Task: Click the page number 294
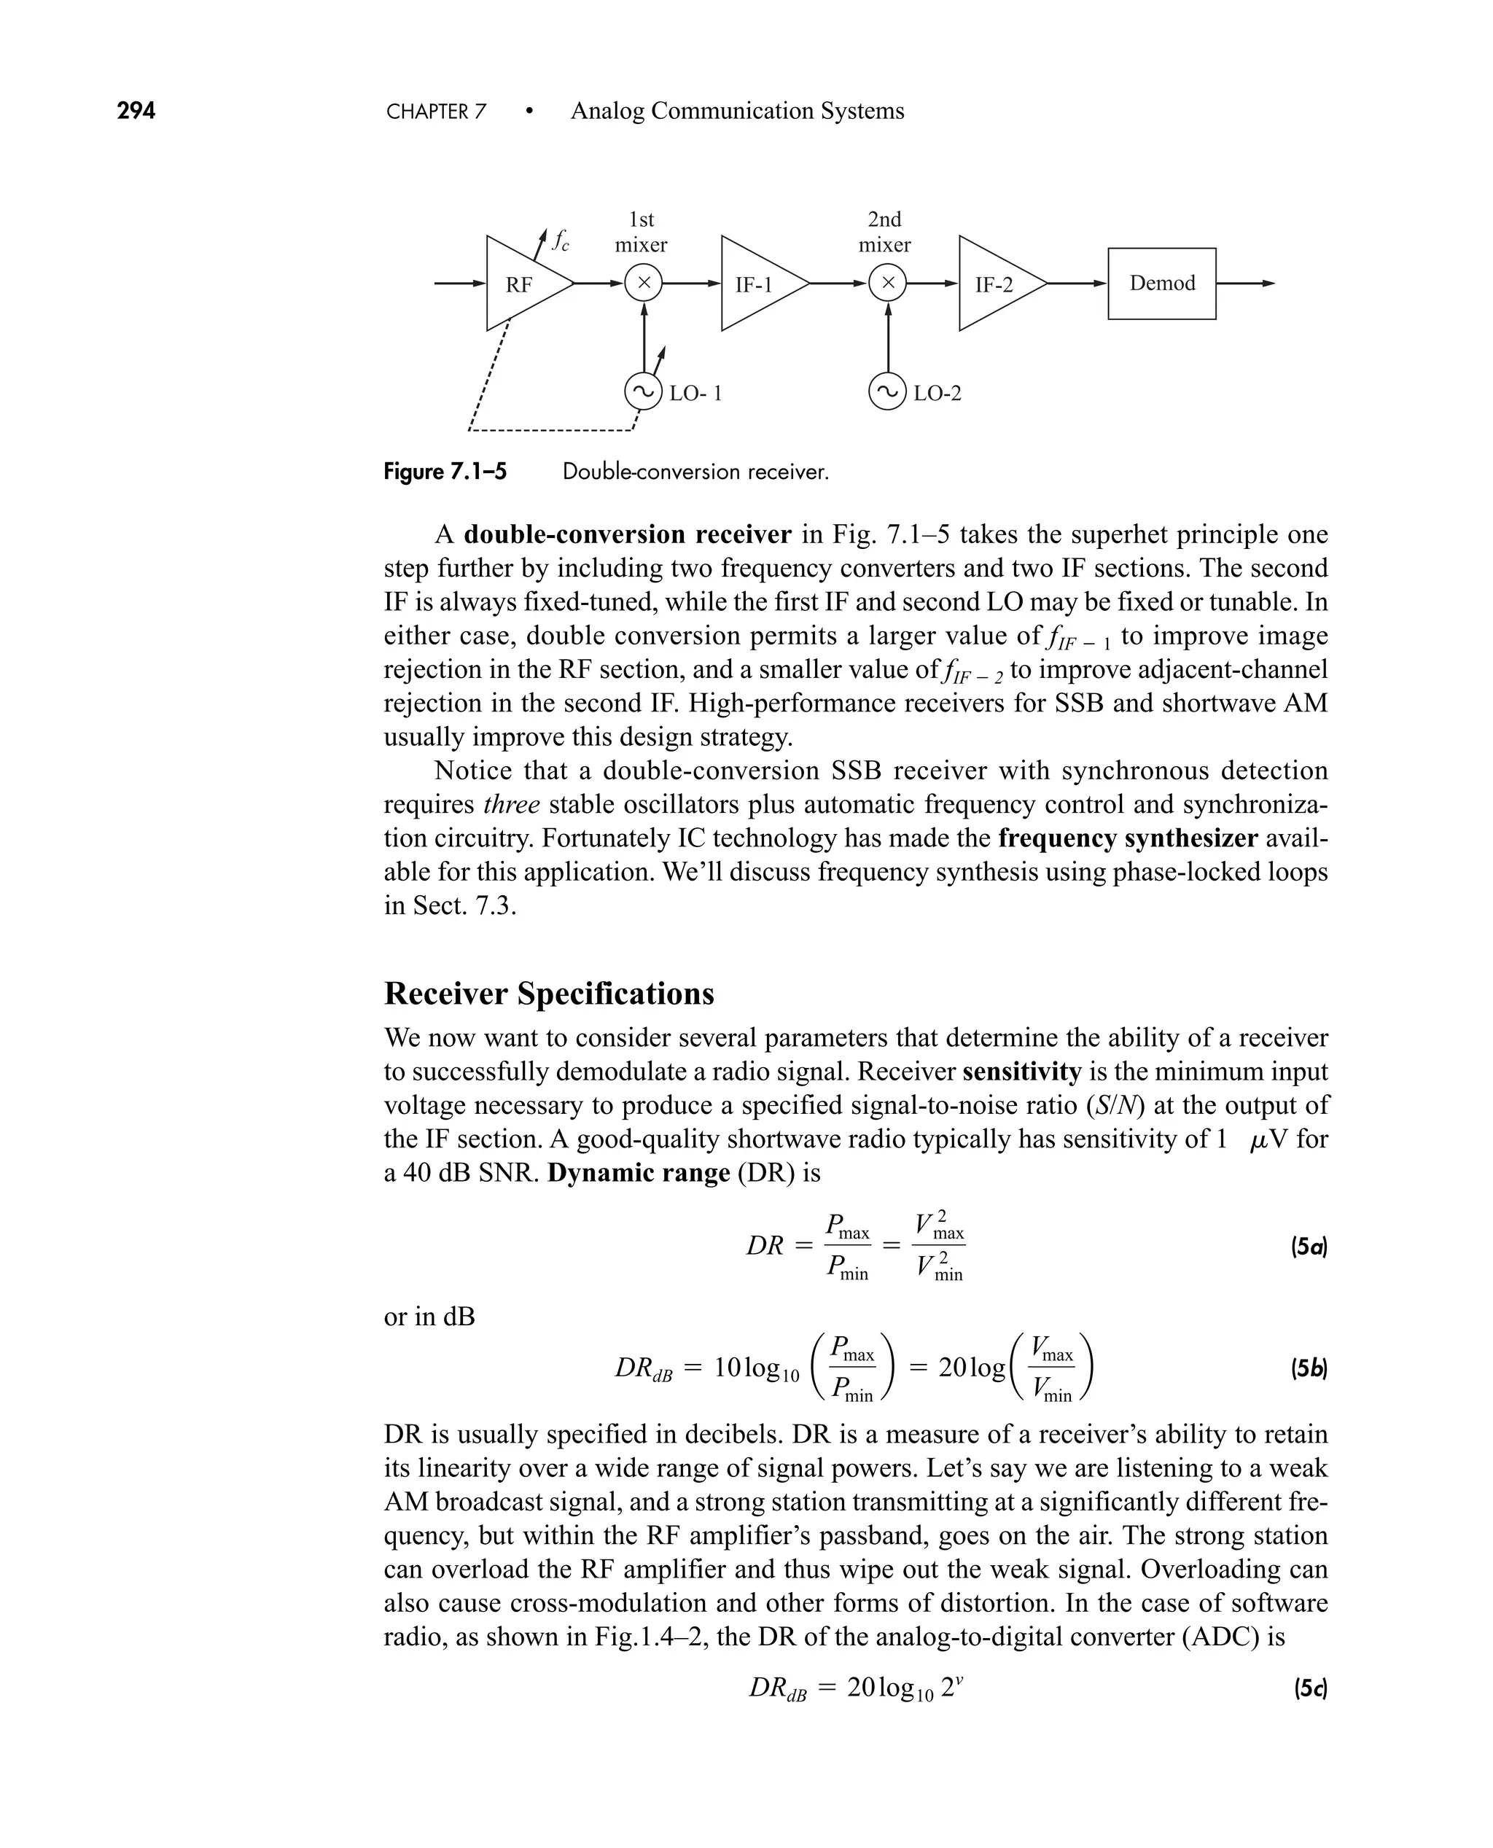point(136,111)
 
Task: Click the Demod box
point(1161,284)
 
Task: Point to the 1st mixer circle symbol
point(643,283)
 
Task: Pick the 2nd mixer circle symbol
point(887,283)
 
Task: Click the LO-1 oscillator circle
point(643,392)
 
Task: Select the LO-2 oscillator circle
point(887,392)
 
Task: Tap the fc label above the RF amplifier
point(560,241)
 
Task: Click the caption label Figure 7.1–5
point(445,472)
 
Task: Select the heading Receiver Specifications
point(549,993)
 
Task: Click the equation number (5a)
point(1309,1247)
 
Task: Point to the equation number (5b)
point(1309,1368)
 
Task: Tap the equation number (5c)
point(1310,1689)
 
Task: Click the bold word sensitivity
point(1022,1072)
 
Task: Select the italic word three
point(512,805)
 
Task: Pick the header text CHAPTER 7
point(436,112)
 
